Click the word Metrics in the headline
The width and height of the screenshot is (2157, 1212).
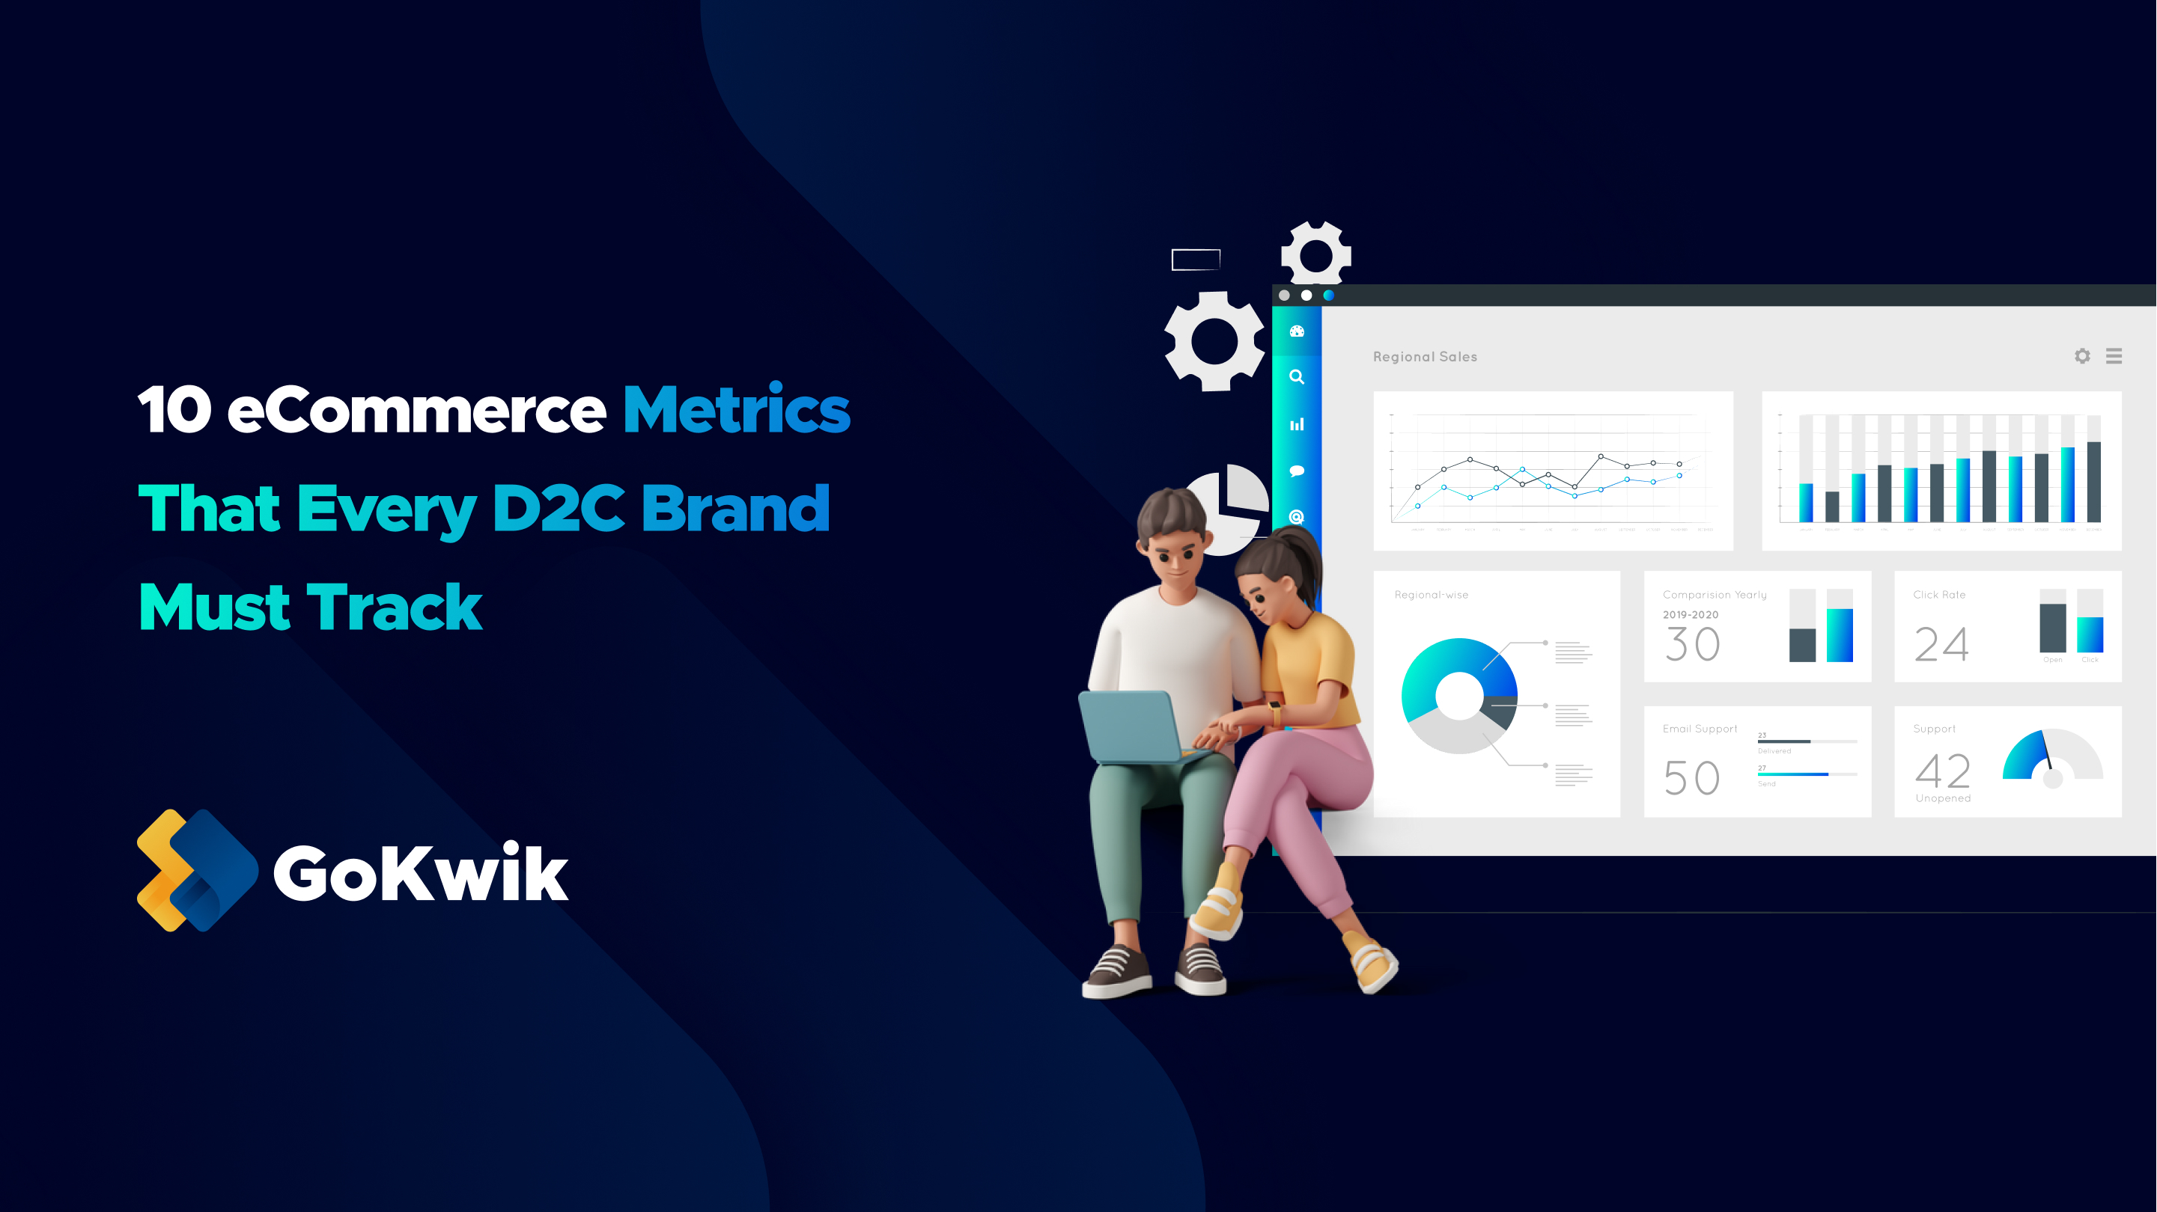(736, 410)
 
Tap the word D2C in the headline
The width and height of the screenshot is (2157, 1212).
(558, 508)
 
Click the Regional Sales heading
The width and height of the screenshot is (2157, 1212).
(1424, 357)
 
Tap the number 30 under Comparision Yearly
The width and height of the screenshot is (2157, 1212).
(1692, 644)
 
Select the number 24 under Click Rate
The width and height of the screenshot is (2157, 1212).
(1941, 644)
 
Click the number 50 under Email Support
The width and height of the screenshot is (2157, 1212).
(1691, 778)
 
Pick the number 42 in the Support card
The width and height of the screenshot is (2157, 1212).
(1943, 771)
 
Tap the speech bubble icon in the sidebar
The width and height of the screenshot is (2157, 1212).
(1296, 471)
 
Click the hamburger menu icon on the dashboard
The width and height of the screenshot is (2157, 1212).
(2114, 357)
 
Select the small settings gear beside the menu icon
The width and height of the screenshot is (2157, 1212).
(2082, 357)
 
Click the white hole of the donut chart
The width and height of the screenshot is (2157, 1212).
(1458, 695)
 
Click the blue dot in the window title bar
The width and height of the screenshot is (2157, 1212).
(1328, 296)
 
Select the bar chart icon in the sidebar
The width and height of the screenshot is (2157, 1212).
(1296, 424)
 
